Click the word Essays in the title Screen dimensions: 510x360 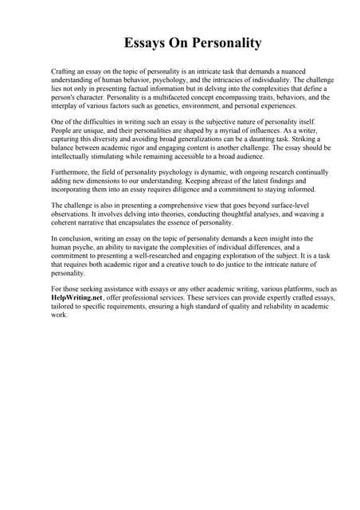145,43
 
